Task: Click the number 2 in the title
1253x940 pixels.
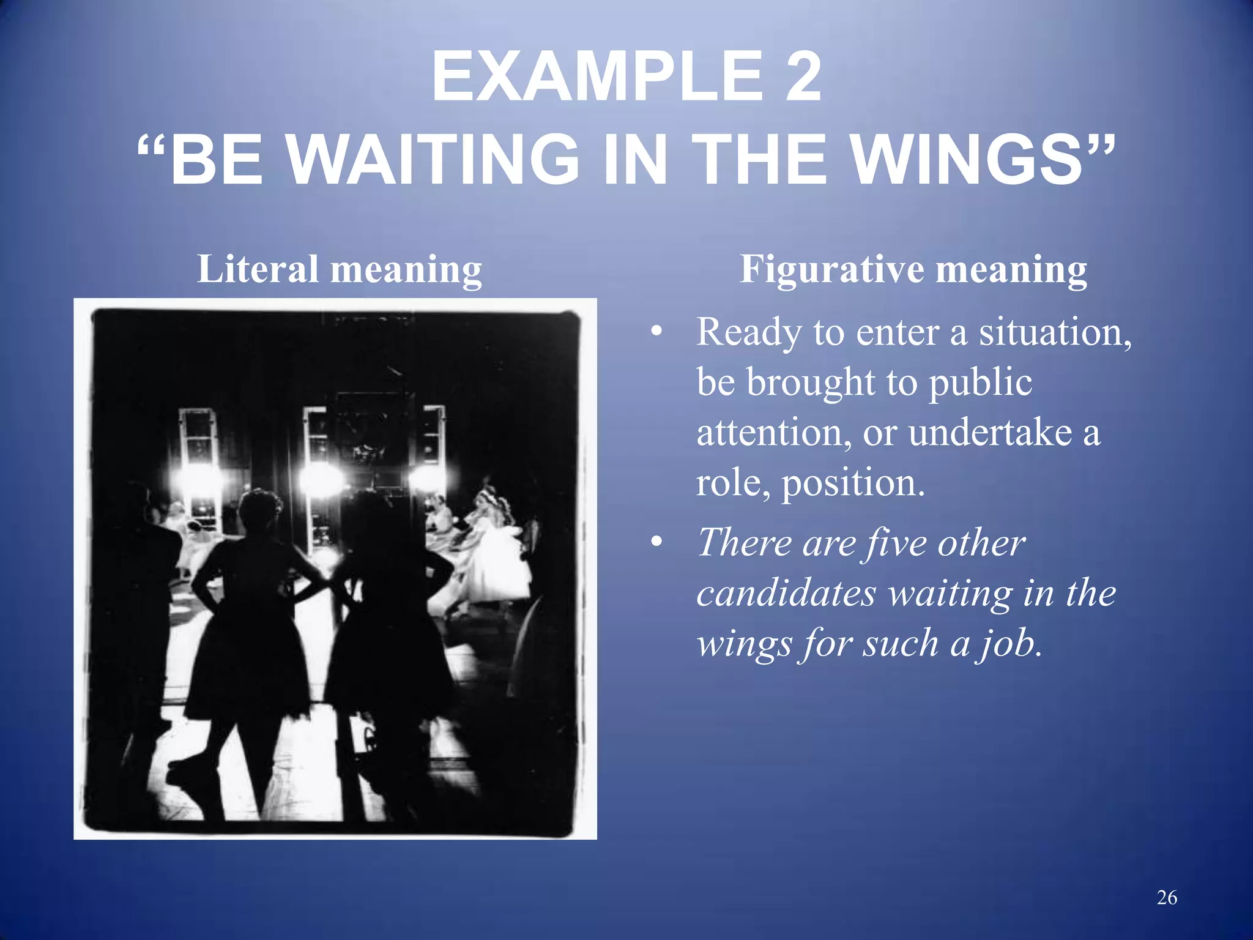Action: [x=803, y=78]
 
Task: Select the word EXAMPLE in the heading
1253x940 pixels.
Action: [x=597, y=78]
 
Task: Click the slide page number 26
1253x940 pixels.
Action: [x=1167, y=898]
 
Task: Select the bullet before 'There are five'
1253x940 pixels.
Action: [x=656, y=542]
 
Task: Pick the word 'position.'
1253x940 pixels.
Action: [x=853, y=483]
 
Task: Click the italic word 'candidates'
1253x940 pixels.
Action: [x=787, y=593]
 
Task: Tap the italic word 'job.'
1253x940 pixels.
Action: [x=1010, y=644]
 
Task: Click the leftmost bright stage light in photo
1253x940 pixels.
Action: [x=198, y=478]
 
